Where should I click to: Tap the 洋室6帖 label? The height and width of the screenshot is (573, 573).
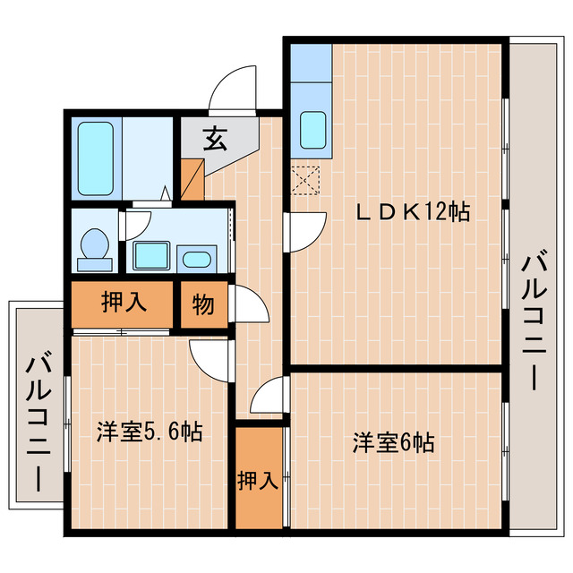click(x=393, y=442)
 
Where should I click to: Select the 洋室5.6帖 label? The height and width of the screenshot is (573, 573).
click(x=150, y=433)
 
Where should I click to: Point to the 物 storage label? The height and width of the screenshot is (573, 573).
click(x=203, y=305)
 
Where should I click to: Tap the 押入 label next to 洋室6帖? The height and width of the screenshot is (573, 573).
click(x=259, y=482)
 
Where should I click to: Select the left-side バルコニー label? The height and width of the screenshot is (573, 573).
click(x=37, y=420)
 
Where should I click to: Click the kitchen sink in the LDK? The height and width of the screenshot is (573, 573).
click(x=312, y=131)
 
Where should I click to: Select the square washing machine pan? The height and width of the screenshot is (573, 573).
click(x=152, y=255)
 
